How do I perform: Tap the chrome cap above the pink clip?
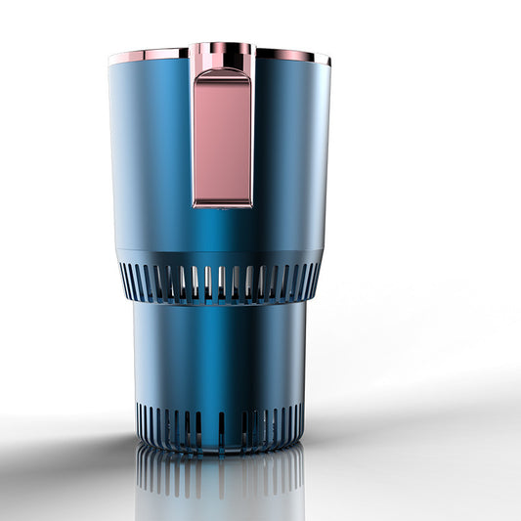(x=222, y=56)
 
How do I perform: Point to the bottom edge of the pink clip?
(x=222, y=203)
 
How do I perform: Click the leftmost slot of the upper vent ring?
(x=124, y=276)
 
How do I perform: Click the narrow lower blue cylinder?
(x=221, y=352)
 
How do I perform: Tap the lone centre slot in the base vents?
(x=221, y=426)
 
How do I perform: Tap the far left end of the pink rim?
(x=111, y=60)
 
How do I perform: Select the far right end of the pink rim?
(x=327, y=60)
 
